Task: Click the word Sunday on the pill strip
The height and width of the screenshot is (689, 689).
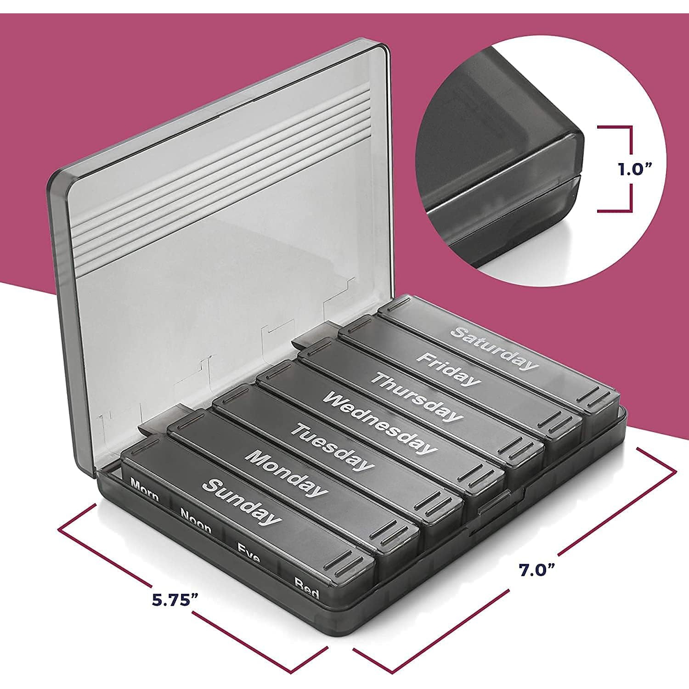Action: point(242,502)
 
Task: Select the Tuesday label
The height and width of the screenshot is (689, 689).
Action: point(332,448)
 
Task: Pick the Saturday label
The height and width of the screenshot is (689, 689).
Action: point(494,347)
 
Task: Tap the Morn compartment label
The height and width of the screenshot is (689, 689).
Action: point(145,490)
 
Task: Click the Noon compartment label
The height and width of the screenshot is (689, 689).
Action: point(196,520)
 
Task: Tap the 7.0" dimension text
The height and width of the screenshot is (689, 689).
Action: point(537,570)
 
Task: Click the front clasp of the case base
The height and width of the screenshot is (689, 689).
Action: point(494,502)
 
